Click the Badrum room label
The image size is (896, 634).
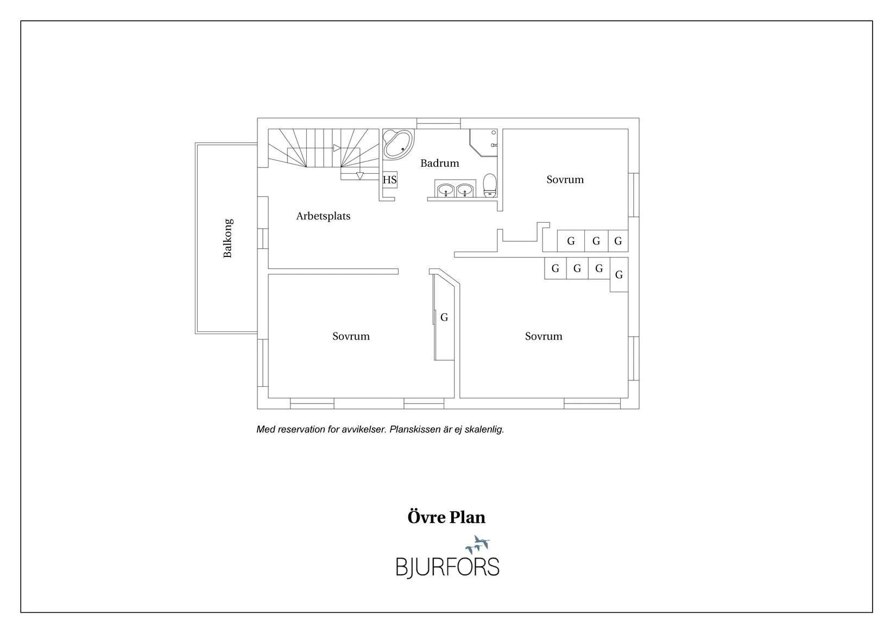pyautogui.click(x=440, y=164)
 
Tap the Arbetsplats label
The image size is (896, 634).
pyautogui.click(x=323, y=216)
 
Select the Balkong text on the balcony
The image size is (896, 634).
pyautogui.click(x=228, y=238)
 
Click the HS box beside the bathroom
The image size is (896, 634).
pyautogui.click(x=389, y=180)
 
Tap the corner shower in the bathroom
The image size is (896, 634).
pyautogui.click(x=484, y=142)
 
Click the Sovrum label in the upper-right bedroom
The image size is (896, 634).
pyautogui.click(x=565, y=180)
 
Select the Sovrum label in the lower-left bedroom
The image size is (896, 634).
pyautogui.click(x=351, y=336)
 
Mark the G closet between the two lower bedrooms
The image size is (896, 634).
pyautogui.click(x=444, y=317)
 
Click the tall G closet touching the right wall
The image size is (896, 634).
pyautogui.click(x=619, y=274)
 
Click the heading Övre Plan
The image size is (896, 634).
pyautogui.click(x=446, y=517)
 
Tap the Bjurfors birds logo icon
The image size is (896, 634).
pyautogui.click(x=478, y=545)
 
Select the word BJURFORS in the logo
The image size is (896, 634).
pyautogui.click(x=447, y=568)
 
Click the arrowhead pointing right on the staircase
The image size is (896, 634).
pyautogui.click(x=337, y=148)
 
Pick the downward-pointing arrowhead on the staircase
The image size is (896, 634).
pyautogui.click(x=360, y=175)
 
